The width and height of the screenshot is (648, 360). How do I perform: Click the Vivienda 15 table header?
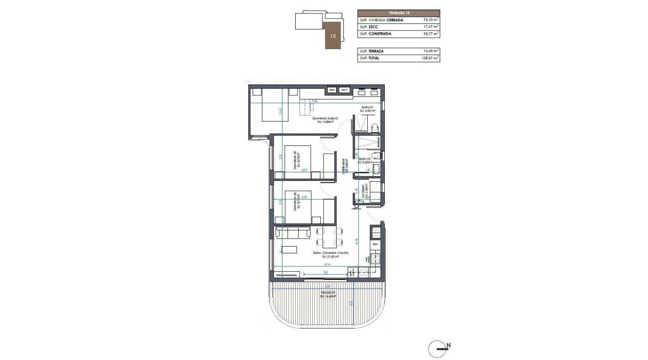399,13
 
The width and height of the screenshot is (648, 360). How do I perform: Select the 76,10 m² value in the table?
431,20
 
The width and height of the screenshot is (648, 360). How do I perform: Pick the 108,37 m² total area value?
431,58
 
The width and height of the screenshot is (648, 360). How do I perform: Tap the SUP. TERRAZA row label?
372,51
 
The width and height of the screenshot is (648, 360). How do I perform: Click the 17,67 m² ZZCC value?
431,27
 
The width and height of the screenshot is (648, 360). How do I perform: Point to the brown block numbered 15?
333,35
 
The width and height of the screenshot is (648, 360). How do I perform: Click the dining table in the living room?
329,238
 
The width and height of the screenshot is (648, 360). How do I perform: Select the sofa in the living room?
293,232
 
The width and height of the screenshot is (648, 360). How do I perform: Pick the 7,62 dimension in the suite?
314,101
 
